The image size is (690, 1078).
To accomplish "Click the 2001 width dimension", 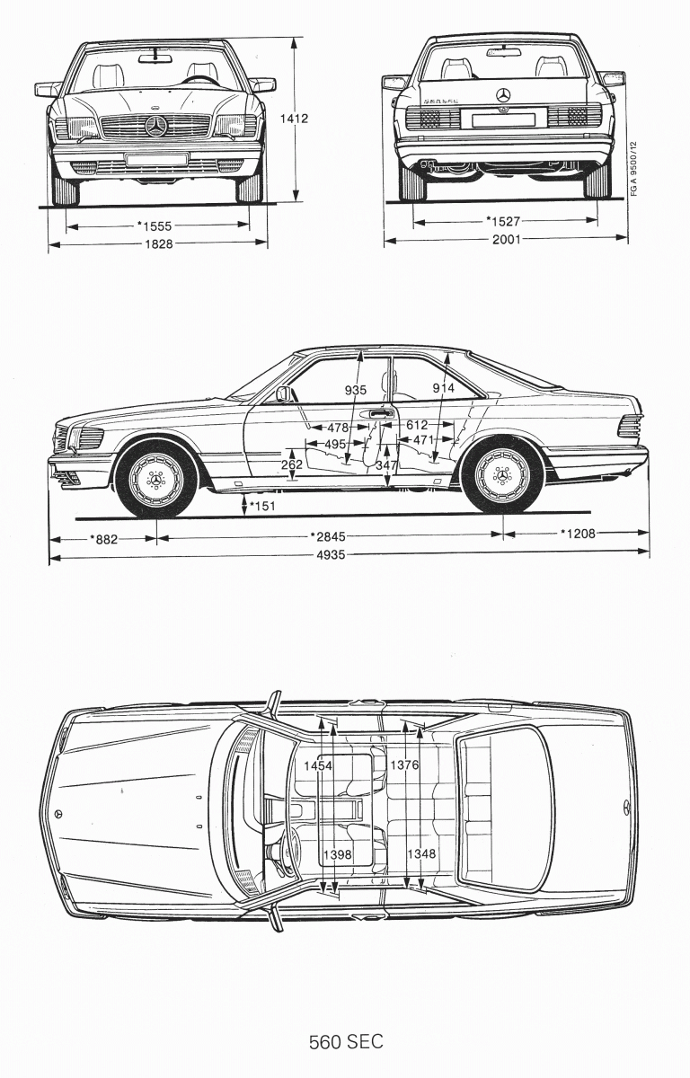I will tap(505, 240).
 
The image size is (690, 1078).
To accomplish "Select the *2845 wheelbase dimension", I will tap(330, 537).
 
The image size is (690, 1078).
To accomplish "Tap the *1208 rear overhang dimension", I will tap(579, 534).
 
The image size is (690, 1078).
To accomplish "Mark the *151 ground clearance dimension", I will tap(262, 508).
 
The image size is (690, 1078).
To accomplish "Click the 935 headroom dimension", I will tap(357, 390).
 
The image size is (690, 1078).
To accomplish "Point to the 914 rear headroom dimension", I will tap(444, 387).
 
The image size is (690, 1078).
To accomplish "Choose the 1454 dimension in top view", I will tap(317, 765).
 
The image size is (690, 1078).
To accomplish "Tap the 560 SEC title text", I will tap(346, 1042).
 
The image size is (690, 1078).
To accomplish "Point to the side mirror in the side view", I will tap(285, 393).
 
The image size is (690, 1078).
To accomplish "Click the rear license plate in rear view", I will tap(505, 118).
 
